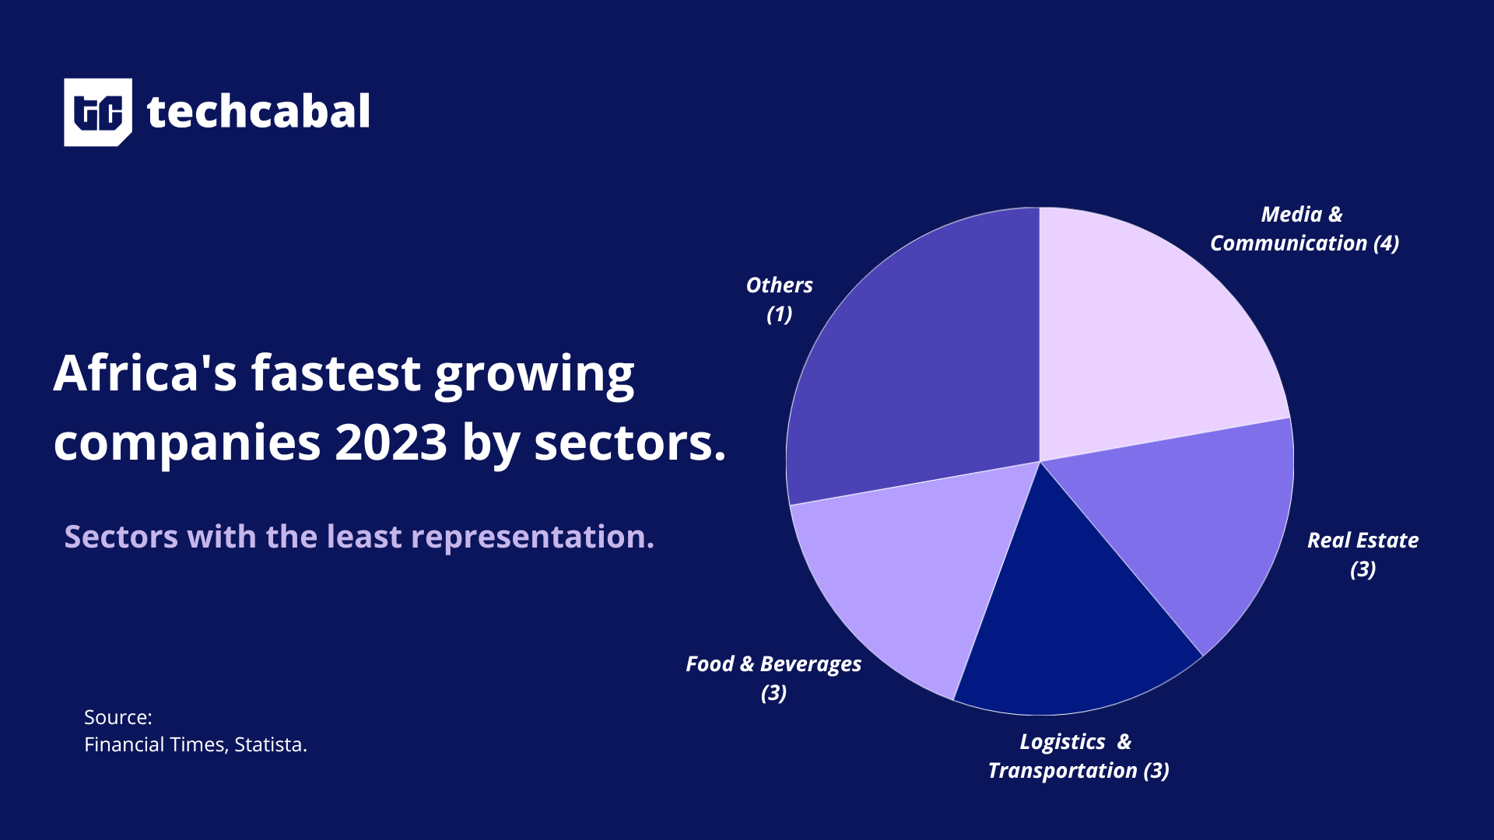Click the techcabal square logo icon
pyautogui.click(x=97, y=112)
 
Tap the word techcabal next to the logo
pyautogui.click(x=258, y=112)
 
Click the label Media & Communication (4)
pyautogui.click(x=1303, y=229)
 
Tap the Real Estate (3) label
pyautogui.click(x=1362, y=554)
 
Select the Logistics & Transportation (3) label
pyautogui.click(x=1078, y=755)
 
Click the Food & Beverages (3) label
pyautogui.click(x=773, y=677)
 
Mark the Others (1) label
pyautogui.click(x=779, y=299)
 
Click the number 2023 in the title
pyautogui.click(x=391, y=443)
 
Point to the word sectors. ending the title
pyautogui.click(x=630, y=443)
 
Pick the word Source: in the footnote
pyautogui.click(x=117, y=717)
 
